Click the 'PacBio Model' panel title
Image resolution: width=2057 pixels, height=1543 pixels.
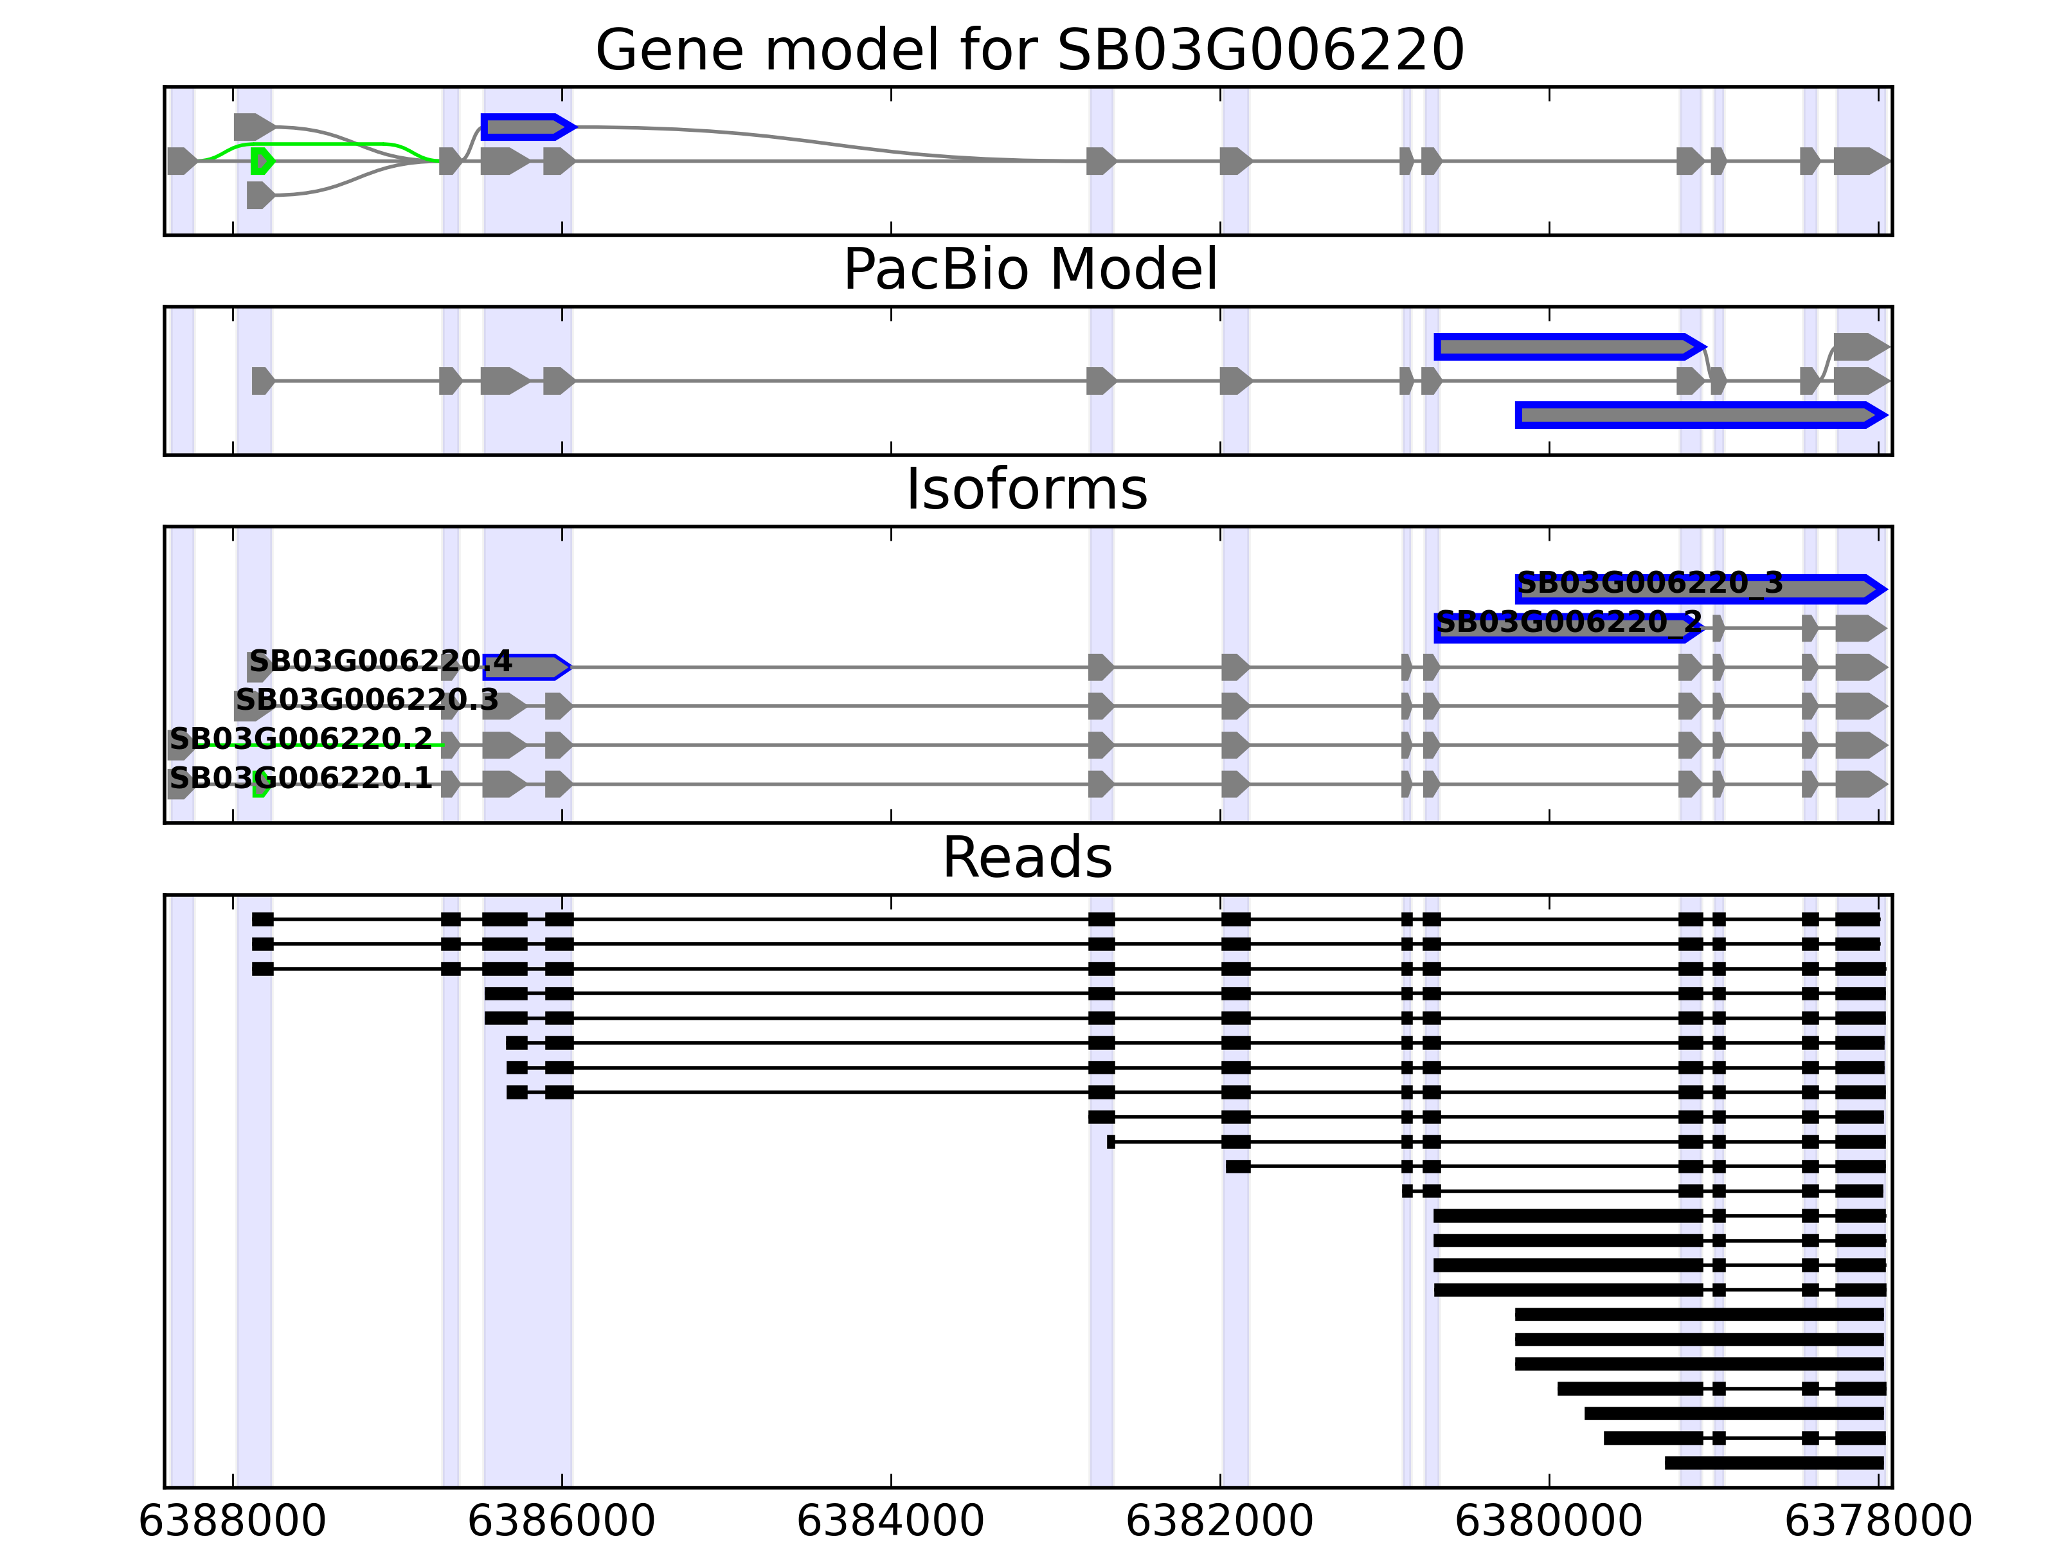[1029, 270]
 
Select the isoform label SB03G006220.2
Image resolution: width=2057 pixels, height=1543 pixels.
[300, 739]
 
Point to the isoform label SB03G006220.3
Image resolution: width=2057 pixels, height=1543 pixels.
[366, 699]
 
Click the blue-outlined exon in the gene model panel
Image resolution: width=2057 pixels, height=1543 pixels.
[526, 127]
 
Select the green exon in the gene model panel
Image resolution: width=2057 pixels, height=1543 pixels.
[262, 161]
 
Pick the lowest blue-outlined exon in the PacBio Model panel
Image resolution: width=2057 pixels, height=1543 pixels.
[1700, 415]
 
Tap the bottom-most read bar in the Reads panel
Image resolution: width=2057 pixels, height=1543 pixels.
[1774, 1463]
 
